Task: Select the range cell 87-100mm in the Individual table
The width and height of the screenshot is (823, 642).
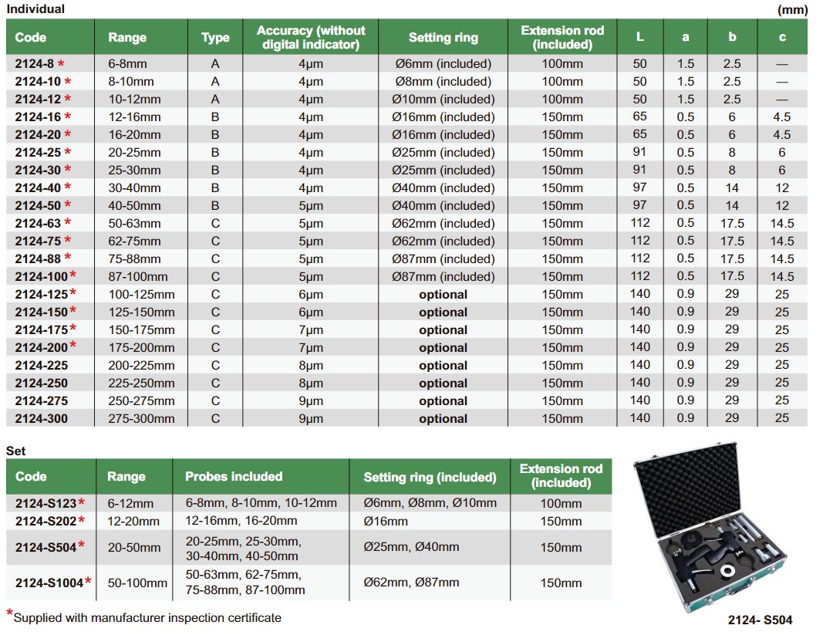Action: (136, 276)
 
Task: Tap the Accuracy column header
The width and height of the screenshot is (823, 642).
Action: (311, 37)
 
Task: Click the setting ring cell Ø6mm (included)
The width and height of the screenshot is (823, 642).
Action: (443, 63)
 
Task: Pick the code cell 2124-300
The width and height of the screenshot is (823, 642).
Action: (42, 418)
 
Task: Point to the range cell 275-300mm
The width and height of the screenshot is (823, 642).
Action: (141, 418)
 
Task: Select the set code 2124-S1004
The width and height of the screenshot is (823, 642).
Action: (49, 583)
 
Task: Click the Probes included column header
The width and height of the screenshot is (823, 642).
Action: (234, 476)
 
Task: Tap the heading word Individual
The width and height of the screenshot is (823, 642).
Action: (35, 9)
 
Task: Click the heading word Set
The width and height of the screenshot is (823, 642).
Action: (16, 450)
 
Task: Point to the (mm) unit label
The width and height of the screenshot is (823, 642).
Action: (793, 9)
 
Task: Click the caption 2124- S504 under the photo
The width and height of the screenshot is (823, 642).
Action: (760, 620)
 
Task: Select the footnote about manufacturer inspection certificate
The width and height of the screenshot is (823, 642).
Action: (147, 617)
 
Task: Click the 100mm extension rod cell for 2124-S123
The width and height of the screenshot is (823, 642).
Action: (562, 503)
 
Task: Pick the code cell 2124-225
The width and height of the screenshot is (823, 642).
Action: (42, 365)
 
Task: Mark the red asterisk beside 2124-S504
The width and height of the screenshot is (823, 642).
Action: (81, 546)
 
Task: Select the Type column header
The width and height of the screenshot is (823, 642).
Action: (215, 37)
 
